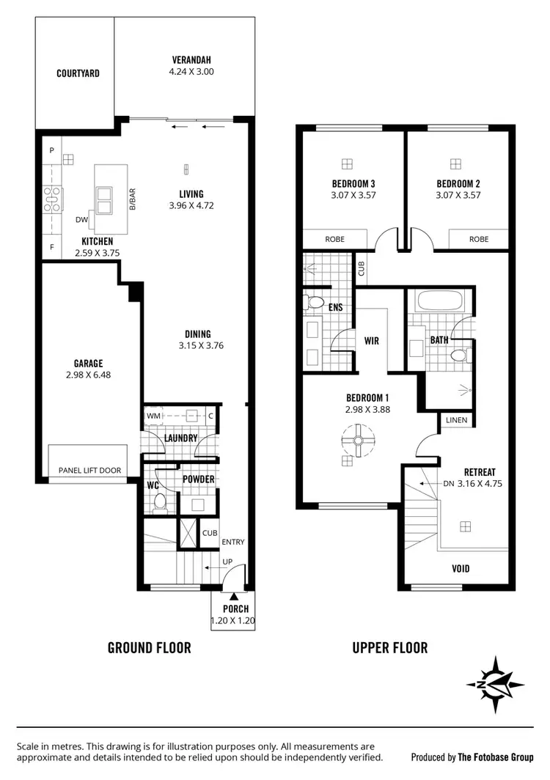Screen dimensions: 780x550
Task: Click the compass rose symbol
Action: (x=495, y=685)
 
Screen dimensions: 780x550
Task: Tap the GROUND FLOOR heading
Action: (x=149, y=647)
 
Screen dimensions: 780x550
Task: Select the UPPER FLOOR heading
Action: (x=389, y=647)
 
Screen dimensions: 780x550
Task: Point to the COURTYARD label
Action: (x=78, y=73)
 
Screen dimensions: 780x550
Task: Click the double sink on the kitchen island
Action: (x=103, y=195)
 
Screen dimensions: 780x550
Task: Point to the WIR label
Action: (x=371, y=341)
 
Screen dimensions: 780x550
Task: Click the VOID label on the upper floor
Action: (x=461, y=568)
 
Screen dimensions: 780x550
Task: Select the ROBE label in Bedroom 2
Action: (x=478, y=239)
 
